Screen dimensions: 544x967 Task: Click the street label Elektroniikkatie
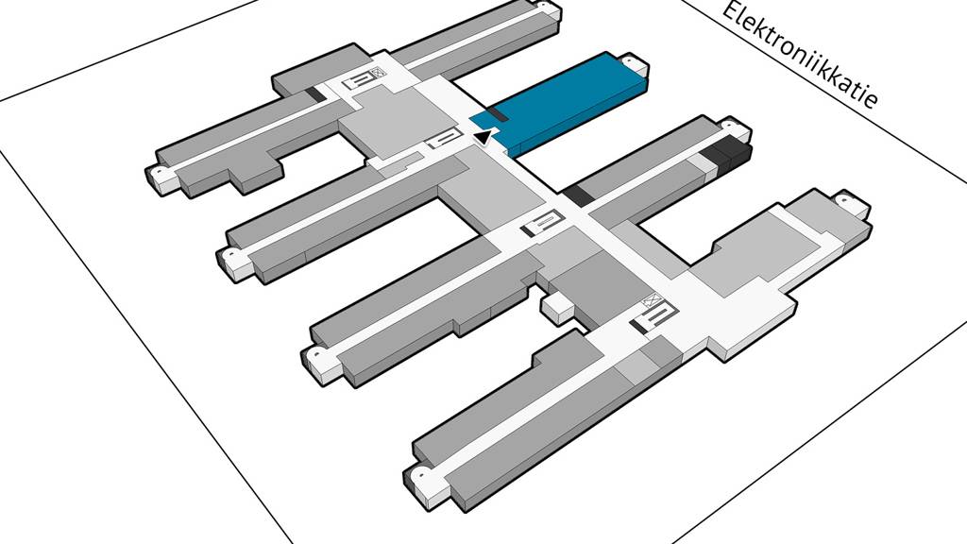(802, 56)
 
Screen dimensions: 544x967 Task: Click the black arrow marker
(483, 138)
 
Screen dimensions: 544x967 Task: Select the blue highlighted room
(567, 102)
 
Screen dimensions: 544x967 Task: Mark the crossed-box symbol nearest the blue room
(378, 72)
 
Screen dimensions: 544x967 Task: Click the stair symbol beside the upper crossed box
(360, 82)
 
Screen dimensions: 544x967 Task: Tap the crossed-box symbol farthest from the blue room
(651, 303)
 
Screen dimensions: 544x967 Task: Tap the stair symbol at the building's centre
(542, 224)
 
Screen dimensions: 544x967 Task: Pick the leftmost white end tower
(161, 176)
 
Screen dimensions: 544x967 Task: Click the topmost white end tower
(547, 10)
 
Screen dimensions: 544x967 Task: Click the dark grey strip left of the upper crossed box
(313, 95)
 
